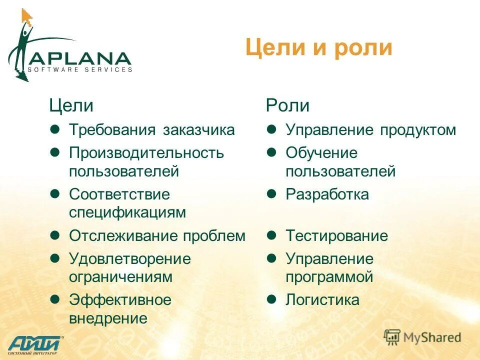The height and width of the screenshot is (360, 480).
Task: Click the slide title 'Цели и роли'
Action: (318, 48)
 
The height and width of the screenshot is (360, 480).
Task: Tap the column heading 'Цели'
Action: (71, 105)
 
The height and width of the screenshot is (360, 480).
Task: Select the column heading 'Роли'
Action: (287, 105)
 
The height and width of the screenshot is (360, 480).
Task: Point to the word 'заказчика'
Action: (198, 130)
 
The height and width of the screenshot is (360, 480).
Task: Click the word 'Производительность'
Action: (146, 153)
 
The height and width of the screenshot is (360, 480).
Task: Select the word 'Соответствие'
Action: (119, 194)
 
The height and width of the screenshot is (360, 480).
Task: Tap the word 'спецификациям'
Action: (127, 212)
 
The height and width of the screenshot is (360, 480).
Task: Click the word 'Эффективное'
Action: (120, 300)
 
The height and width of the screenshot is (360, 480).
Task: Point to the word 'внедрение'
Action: (108, 318)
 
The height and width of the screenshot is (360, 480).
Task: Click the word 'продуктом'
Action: (417, 130)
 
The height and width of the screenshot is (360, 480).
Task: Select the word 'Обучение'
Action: (321, 153)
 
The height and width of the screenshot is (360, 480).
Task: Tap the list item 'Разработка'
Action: (327, 194)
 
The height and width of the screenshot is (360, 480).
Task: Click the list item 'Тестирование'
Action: (336, 236)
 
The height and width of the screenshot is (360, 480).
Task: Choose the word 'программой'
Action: (329, 276)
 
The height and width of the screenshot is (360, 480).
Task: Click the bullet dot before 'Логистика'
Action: (271, 299)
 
